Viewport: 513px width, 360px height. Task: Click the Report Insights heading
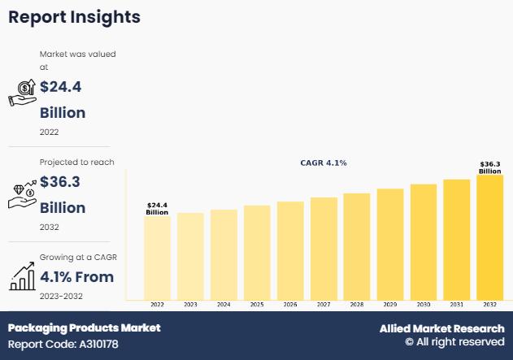point(74,17)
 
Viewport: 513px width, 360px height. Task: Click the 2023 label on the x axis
point(190,304)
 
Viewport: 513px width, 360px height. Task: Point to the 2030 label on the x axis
point(424,304)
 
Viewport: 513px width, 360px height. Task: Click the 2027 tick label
point(324,304)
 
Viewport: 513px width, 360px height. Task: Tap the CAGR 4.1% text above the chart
point(324,163)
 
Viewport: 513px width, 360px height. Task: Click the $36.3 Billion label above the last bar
point(490,167)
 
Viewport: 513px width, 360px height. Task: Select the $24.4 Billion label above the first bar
point(157,208)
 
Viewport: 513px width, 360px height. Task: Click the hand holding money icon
point(22,93)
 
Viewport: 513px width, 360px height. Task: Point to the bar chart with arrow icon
point(21,276)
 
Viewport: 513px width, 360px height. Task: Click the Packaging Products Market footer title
point(85,327)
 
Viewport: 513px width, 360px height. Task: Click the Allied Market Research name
point(441,328)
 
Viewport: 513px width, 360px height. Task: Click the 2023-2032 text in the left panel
point(61,296)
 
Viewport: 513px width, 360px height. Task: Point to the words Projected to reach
point(77,163)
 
